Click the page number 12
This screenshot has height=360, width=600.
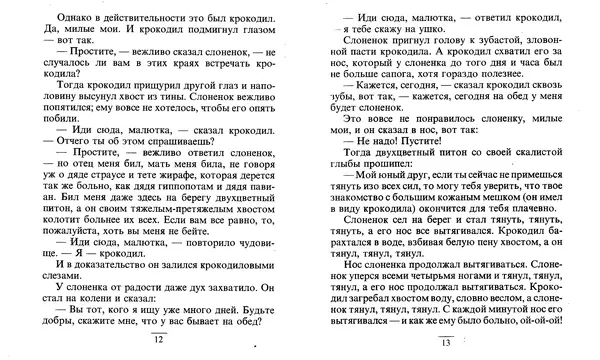(x=157, y=341)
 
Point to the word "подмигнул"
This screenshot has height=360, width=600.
(x=195, y=32)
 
